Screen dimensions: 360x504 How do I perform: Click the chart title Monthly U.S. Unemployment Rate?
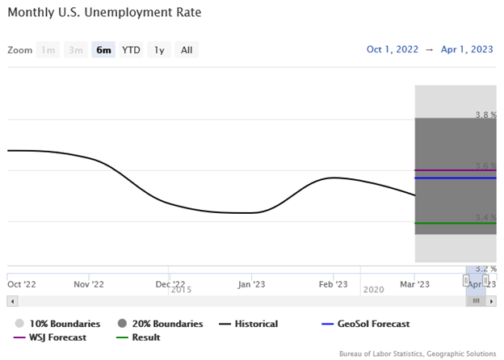point(104,13)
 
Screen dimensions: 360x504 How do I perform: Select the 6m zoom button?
point(103,50)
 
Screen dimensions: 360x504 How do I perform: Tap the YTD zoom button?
point(131,50)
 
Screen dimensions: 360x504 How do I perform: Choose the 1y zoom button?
point(159,50)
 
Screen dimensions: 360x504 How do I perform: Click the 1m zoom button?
point(48,50)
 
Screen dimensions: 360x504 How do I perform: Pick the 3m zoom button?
point(75,50)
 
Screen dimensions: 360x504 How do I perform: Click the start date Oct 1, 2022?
point(393,49)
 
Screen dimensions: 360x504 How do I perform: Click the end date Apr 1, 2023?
point(466,49)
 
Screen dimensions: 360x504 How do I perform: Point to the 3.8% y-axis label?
point(485,115)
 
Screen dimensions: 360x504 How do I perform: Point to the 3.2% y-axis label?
point(485,268)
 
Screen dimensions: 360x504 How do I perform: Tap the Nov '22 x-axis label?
point(89,284)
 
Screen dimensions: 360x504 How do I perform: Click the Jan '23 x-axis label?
point(251,284)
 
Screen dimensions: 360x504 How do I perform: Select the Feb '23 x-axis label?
point(333,284)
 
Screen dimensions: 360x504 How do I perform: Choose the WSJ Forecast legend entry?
point(56,337)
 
